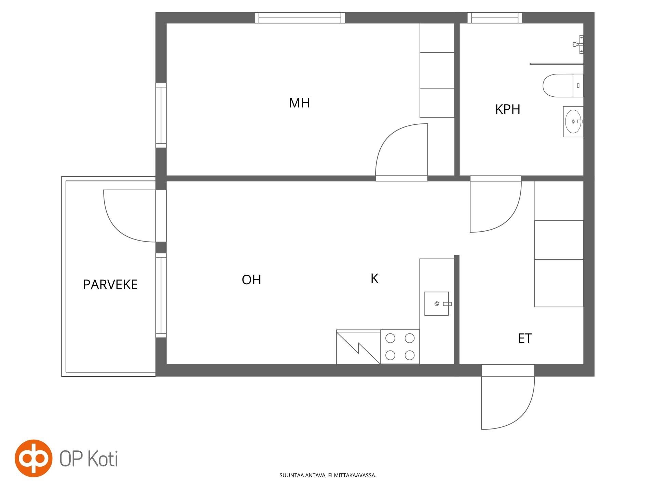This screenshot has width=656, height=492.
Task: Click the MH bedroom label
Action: tap(299, 103)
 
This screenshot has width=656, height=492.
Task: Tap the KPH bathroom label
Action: tap(508, 109)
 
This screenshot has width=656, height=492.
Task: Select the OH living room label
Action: tap(251, 280)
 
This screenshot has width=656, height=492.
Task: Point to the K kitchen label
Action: tap(374, 279)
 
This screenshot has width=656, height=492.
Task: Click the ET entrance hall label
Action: tap(525, 339)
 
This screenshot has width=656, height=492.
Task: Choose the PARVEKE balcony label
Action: tap(110, 285)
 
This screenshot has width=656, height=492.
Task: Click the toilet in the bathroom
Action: tap(563, 85)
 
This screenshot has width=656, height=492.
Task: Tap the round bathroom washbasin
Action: tap(573, 121)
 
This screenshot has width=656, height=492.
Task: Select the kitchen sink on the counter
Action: tap(437, 304)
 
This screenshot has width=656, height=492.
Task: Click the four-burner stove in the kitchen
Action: tap(400, 347)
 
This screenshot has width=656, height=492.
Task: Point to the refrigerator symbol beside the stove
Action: tap(358, 347)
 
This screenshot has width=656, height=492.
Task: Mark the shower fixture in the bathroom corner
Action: tap(578, 44)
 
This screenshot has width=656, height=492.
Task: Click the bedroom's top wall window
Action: tap(300, 18)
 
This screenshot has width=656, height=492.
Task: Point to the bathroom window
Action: tap(495, 18)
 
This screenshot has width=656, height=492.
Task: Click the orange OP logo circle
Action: tap(33, 459)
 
